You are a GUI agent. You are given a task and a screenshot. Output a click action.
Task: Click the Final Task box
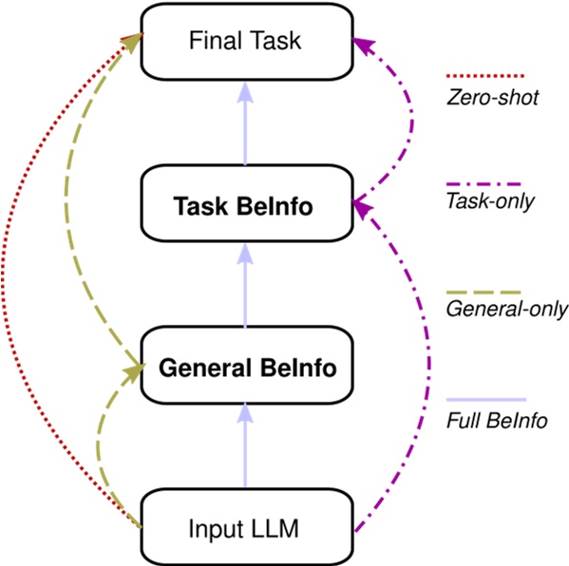(246, 41)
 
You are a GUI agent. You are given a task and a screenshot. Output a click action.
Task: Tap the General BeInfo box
(246, 367)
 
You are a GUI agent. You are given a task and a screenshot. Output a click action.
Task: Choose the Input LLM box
(246, 527)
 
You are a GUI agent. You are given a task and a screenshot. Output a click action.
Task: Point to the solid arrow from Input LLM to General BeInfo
(246, 446)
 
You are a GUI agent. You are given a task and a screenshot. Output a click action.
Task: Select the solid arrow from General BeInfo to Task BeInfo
(246, 285)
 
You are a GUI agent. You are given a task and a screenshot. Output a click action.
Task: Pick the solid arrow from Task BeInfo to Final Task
(246, 123)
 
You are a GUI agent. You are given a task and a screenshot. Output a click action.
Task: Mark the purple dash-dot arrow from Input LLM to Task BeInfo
(437, 380)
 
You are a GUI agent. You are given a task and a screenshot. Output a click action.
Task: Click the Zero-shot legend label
(492, 97)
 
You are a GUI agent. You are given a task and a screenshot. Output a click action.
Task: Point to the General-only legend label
(506, 309)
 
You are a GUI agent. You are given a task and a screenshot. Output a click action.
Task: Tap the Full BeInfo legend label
(497, 421)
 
